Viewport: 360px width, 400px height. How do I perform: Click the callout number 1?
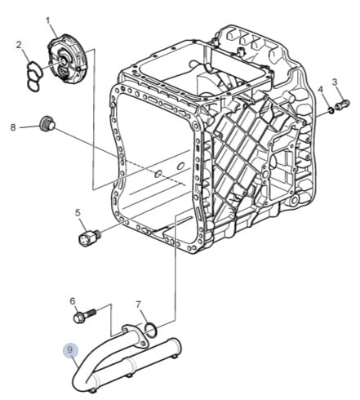point(48,21)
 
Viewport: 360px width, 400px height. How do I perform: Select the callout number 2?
point(19,45)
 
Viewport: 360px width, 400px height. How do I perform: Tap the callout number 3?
point(335,82)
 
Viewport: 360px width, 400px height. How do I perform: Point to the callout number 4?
point(321,89)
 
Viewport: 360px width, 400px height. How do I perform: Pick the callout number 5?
point(78,213)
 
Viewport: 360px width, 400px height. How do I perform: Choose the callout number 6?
point(73,301)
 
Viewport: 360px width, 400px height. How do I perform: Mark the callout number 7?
point(138,304)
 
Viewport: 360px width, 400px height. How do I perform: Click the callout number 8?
point(13,127)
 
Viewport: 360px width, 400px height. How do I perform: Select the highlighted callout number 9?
point(70,349)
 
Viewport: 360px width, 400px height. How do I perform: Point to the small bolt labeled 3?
point(344,104)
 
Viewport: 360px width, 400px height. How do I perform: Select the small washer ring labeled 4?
point(330,111)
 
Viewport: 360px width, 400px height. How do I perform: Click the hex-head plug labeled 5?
point(88,238)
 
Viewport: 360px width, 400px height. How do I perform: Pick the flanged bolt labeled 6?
point(84,316)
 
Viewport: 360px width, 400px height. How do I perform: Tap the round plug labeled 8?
point(47,124)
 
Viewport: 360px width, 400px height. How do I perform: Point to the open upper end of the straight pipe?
point(175,344)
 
